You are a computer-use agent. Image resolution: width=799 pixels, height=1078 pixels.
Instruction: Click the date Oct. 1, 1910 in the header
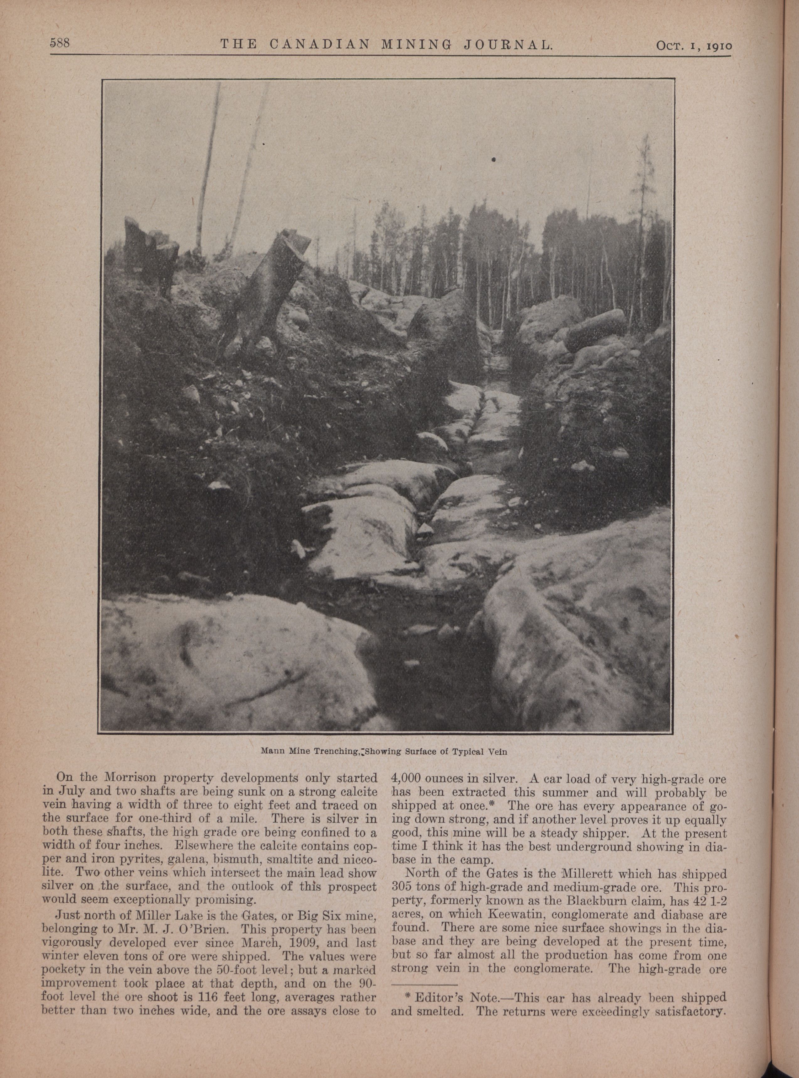[694, 45]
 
